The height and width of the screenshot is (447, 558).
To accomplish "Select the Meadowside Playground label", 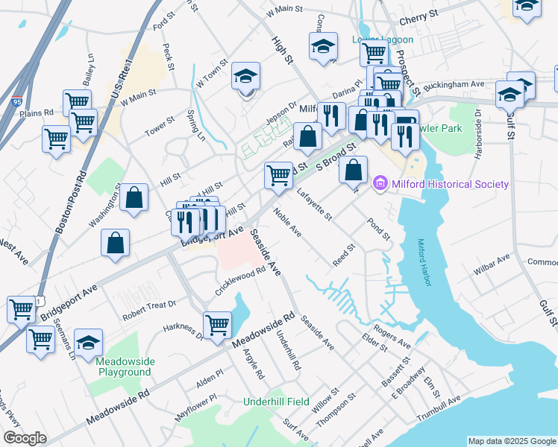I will pos(123,367).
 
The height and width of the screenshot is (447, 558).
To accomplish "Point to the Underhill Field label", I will pos(276,402).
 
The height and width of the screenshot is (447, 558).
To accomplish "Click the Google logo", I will pos(25,438).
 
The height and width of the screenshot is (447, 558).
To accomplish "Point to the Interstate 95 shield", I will pos(16,100).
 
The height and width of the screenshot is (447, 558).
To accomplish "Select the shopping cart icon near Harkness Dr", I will pos(217,324).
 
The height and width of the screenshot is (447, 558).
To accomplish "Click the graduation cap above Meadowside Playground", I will pos(88,342).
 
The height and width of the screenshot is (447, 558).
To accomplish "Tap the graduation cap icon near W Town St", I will pos(245,77).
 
